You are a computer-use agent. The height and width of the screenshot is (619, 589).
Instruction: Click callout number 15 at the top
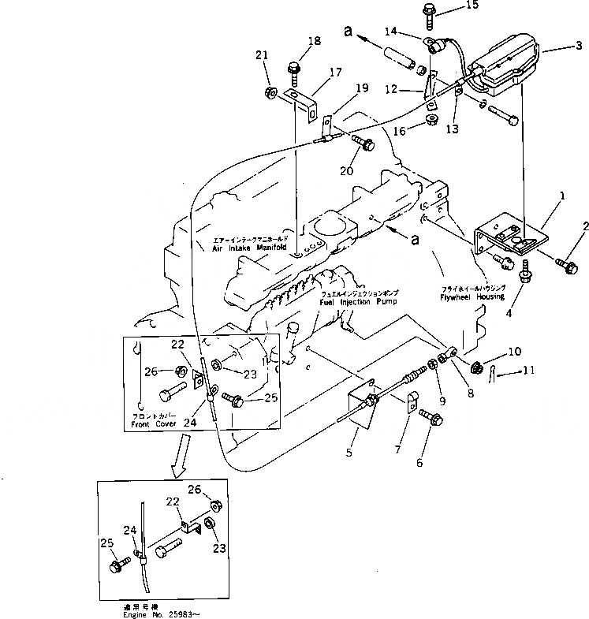pos(472,6)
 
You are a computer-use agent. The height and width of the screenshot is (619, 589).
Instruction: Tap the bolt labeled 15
pos(430,11)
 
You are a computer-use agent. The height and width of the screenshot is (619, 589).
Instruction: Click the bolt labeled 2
pos(567,266)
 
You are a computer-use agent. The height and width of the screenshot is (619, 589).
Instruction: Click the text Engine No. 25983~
pos(156,612)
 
